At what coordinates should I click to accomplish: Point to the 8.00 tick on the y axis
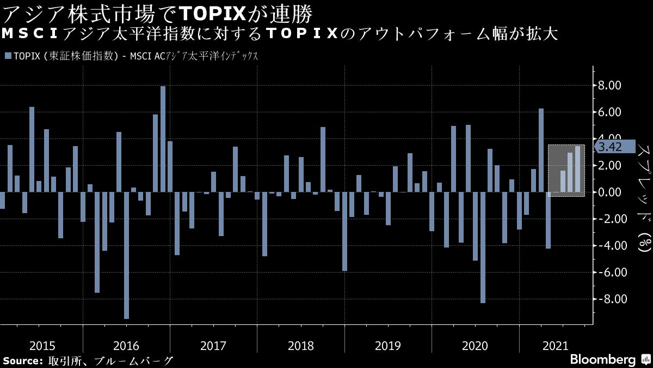coord(609,86)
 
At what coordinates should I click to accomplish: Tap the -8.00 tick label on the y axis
coord(607,299)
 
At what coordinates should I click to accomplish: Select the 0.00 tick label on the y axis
coord(609,192)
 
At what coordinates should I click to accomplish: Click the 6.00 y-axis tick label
coord(609,112)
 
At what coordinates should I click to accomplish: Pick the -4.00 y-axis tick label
coord(607,246)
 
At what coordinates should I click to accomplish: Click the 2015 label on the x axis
coord(42,346)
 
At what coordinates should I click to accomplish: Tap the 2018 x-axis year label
coord(300,346)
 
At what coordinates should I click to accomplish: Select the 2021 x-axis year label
coord(556,346)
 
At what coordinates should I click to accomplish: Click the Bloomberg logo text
coord(602,360)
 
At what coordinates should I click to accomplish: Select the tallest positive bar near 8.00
coord(163,139)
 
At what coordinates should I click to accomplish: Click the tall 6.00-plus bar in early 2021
coord(541,150)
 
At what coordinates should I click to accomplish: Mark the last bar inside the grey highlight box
coord(577,169)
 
